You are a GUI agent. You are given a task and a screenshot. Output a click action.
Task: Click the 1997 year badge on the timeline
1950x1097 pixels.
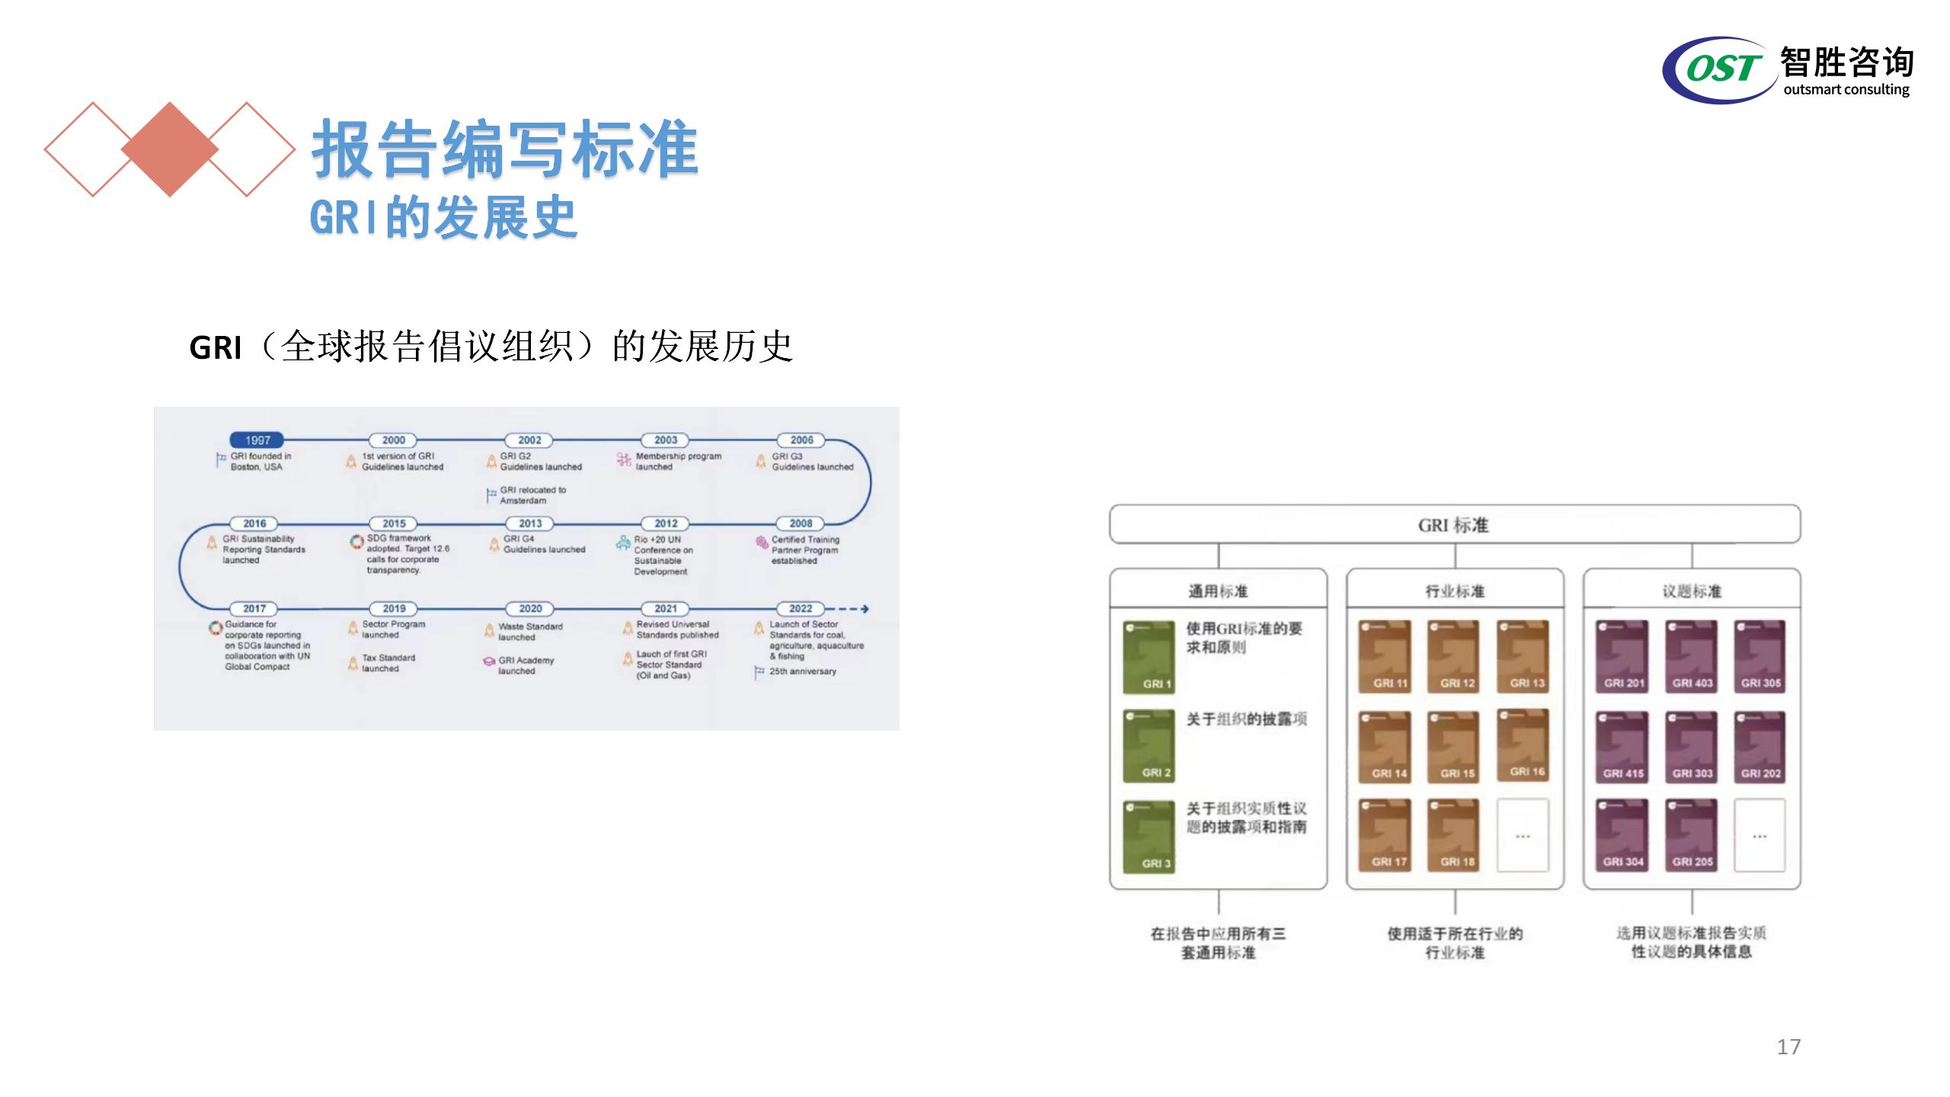257,440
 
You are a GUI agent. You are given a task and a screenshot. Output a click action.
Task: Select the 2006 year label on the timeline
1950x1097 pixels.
801,440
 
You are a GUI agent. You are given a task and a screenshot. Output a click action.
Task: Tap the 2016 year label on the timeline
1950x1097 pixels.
254,524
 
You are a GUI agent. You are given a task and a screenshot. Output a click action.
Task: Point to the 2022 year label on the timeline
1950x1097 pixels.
801,609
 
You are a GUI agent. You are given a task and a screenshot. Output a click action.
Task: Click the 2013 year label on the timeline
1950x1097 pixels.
530,524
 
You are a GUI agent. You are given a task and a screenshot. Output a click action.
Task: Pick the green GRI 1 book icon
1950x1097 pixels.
1149,657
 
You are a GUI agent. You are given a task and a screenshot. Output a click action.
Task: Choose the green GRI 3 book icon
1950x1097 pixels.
1149,836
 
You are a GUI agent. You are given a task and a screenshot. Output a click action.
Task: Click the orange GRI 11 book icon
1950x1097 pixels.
1385,656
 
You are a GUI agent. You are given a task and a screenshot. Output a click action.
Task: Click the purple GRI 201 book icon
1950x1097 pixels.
1622,656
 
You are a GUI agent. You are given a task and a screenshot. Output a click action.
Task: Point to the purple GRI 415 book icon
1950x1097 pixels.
1622,746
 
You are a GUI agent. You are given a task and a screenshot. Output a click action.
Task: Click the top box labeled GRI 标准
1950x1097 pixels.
1454,525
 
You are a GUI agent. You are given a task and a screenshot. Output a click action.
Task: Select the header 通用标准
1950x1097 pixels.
1218,591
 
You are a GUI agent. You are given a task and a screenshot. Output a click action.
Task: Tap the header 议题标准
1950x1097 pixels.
1691,591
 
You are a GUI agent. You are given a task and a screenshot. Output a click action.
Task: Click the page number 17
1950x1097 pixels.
1789,1047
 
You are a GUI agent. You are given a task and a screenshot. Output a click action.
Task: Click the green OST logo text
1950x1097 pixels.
1722,69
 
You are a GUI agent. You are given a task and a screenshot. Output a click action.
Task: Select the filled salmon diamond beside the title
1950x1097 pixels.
169,149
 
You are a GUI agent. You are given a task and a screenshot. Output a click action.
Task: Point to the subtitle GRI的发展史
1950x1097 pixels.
443,218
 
